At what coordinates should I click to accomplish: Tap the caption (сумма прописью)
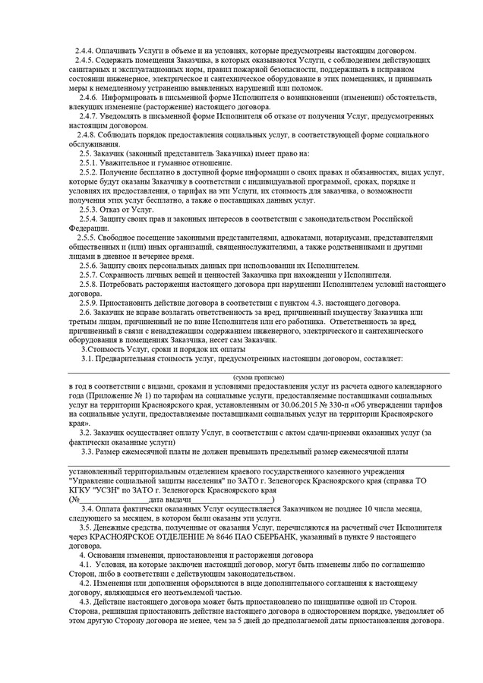(258, 376)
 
